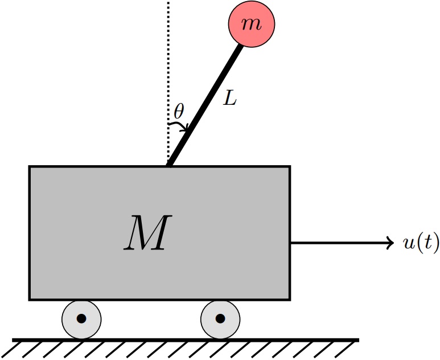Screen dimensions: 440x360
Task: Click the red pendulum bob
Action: tap(251, 24)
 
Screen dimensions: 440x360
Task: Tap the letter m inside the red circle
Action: tap(252, 24)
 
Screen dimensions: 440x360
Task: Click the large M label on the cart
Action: tap(148, 232)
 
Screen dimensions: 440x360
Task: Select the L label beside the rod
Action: tap(230, 99)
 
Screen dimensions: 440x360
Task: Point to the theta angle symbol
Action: tap(179, 111)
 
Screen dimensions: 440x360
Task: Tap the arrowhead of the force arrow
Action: tap(390, 242)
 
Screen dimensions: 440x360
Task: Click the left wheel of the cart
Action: tap(81, 320)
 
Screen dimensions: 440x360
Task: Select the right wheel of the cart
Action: tap(220, 320)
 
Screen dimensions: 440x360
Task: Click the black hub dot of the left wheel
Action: tap(81, 319)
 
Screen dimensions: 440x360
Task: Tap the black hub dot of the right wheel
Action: tap(220, 319)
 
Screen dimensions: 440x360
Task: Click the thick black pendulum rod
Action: tap(205, 105)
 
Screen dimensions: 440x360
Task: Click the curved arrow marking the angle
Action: tap(179, 124)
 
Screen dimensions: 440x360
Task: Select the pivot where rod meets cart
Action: tap(169, 166)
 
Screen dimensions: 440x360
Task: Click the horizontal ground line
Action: tap(186, 340)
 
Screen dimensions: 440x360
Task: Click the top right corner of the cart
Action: tap(290, 166)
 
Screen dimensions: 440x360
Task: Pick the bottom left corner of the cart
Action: tap(29, 300)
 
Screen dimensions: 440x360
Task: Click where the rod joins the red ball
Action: tap(241, 45)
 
